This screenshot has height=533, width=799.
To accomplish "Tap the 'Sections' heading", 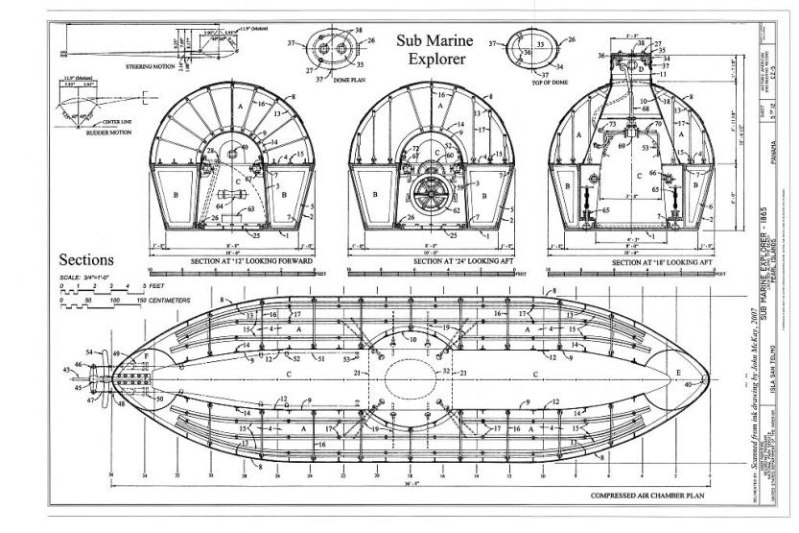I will coord(87,260).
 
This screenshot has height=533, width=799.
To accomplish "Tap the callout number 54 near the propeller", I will coord(90,353).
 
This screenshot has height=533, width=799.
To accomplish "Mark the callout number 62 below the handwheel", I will coord(456,210).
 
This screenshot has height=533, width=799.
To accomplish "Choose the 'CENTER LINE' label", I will coord(98,122).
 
